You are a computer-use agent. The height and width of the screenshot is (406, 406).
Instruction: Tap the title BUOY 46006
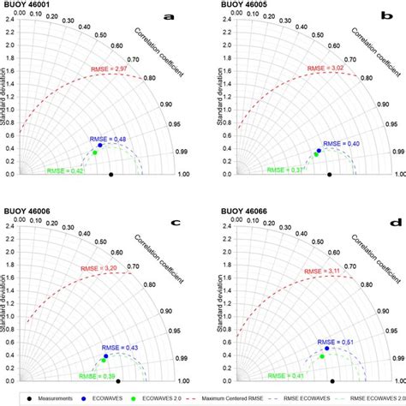click(x=27, y=211)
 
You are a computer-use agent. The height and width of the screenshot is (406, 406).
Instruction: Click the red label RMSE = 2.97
click(x=97, y=67)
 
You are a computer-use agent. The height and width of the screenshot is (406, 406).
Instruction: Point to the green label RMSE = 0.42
click(x=63, y=170)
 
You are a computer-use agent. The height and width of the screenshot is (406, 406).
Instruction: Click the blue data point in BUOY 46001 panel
click(x=99, y=146)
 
